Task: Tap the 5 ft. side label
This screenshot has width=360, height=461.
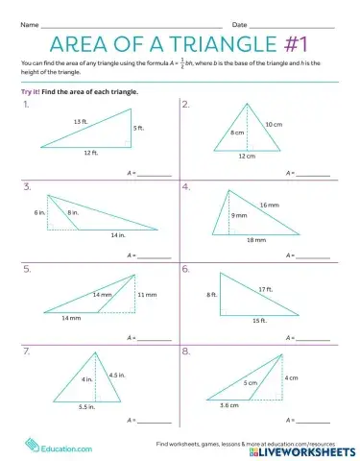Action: coord(139,128)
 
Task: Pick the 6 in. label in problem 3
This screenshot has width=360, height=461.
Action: coord(39,211)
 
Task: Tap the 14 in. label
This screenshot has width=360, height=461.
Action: coord(117,234)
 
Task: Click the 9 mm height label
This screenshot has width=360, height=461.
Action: coord(238,216)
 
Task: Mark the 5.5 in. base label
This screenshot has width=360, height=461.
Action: coord(86,407)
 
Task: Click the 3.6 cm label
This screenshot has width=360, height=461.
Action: coord(229,407)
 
